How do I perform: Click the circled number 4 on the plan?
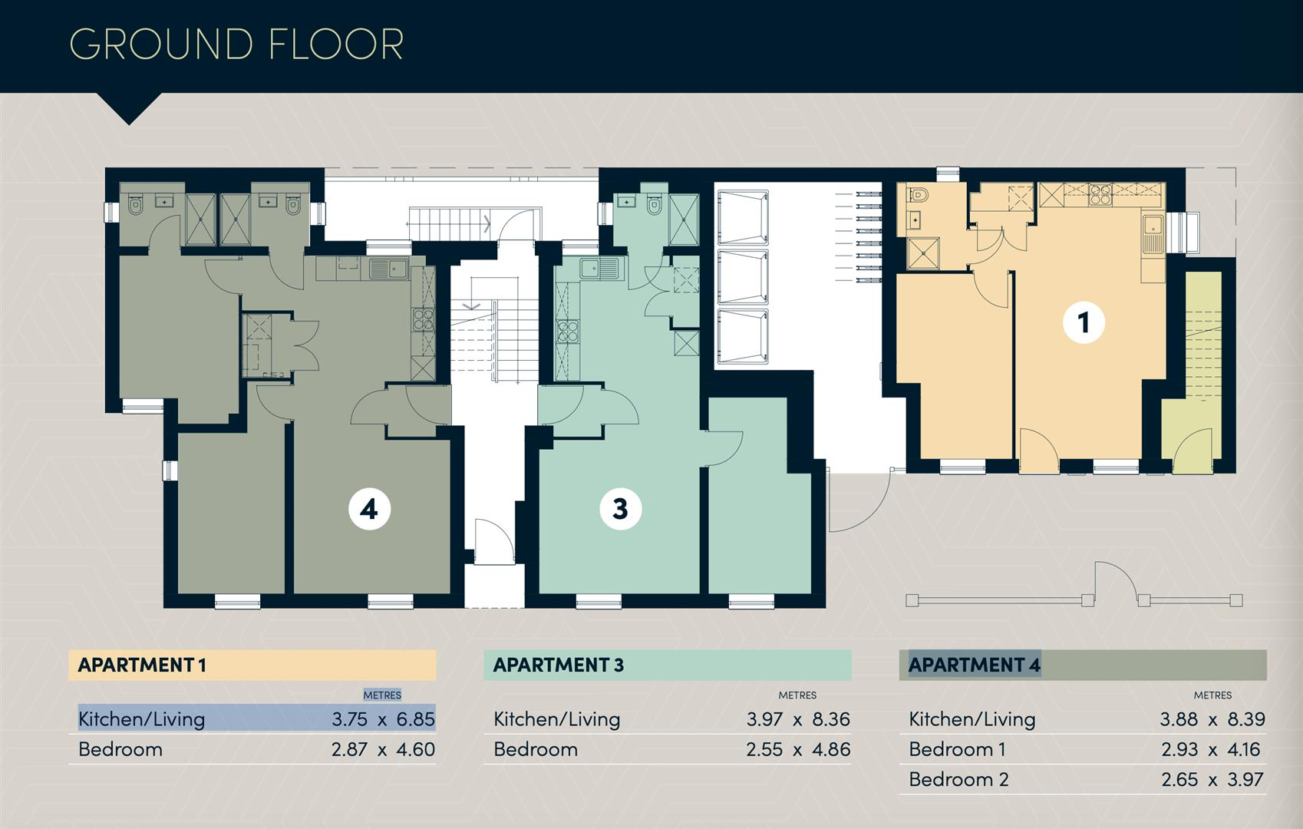click(370, 509)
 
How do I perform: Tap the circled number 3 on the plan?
click(621, 509)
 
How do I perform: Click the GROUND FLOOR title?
click(236, 44)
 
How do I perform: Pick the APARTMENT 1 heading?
click(142, 665)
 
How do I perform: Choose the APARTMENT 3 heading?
click(559, 665)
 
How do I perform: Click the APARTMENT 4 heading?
click(975, 665)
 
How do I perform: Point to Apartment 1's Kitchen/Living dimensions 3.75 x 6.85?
click(384, 719)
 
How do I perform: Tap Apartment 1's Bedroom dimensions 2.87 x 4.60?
click(384, 749)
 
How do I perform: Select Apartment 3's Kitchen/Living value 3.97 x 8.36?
click(798, 719)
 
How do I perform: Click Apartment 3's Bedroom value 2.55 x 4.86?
click(798, 749)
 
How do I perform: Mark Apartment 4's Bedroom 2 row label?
click(958, 780)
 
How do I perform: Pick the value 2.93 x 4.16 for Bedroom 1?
click(1210, 749)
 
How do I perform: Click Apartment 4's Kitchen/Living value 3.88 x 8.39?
click(1213, 719)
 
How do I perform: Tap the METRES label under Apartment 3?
click(797, 695)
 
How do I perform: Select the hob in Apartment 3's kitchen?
click(567, 332)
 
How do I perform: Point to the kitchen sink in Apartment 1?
click(1153, 233)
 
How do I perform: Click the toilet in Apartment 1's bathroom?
click(917, 193)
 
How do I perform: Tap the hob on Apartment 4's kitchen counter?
click(423, 319)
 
